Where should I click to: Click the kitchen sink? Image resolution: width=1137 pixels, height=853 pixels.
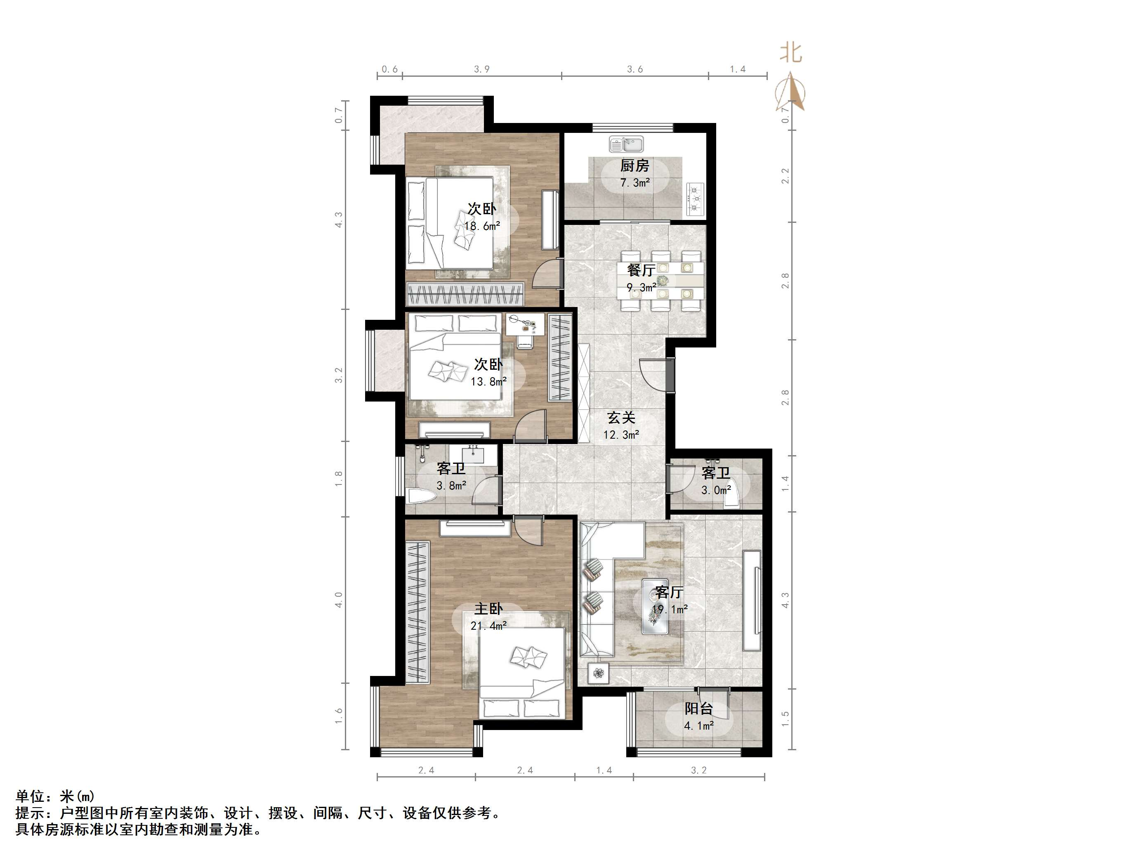626,144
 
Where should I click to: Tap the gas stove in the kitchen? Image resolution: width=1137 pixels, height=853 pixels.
695,198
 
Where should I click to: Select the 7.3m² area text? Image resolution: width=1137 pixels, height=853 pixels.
635,182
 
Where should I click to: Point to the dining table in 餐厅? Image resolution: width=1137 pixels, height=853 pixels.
661,281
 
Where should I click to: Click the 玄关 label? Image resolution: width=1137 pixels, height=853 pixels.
621,418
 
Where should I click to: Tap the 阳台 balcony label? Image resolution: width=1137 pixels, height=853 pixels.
698,709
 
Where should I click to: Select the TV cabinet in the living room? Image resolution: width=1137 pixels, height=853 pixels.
752,600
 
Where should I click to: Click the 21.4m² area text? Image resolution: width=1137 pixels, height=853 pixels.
488,626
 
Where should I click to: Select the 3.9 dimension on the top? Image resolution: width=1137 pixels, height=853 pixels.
481,69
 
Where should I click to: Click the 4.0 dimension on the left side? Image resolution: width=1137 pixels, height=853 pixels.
339,600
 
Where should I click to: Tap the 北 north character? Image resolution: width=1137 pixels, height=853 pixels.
790,53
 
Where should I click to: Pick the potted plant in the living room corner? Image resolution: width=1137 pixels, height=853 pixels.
598,673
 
